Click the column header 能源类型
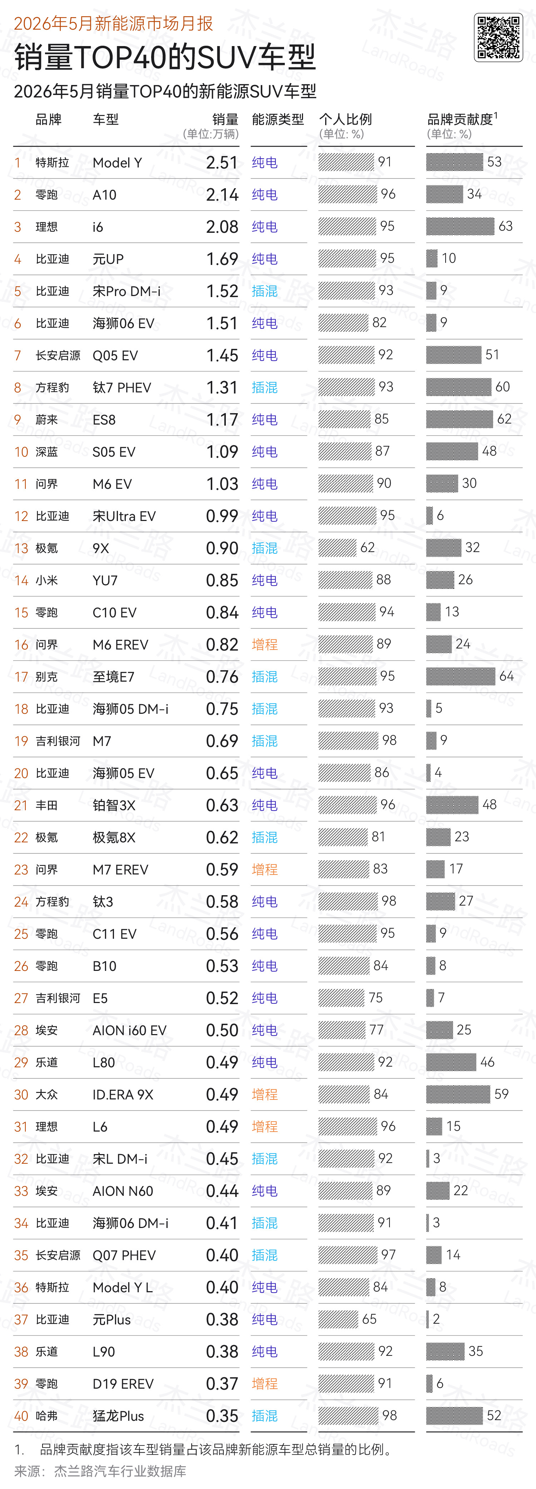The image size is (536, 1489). (278, 120)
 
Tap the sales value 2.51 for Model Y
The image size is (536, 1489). (222, 162)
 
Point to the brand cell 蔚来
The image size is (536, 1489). (46, 420)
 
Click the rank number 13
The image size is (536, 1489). (21, 548)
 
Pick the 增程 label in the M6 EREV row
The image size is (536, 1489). (265, 645)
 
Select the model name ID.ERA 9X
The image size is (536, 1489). (123, 1094)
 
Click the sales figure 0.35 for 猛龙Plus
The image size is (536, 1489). (222, 1415)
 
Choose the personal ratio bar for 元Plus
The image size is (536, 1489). (338, 1319)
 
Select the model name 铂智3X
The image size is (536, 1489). (114, 805)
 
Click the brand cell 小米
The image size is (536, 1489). (46, 580)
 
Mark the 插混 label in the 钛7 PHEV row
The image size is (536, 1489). (265, 387)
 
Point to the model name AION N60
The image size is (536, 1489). (123, 1191)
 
